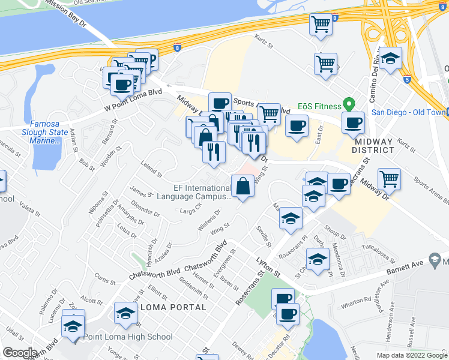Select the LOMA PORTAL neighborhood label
coord(173,307)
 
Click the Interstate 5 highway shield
coord(407,79)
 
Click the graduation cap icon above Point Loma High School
coord(73,326)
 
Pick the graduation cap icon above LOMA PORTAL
coord(125,313)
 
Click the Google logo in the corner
coord(20,353)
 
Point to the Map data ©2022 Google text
coord(412,355)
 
